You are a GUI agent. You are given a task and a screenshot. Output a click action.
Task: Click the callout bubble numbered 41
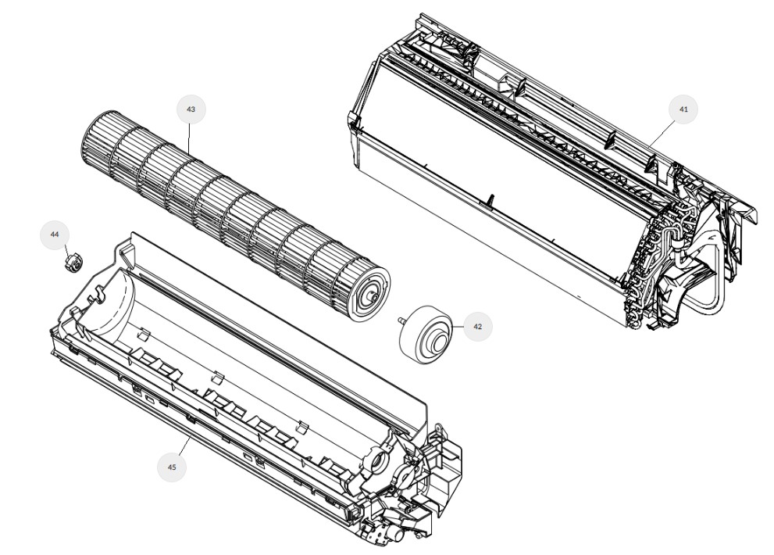[x=683, y=109]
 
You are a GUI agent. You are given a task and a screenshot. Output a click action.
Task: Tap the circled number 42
[x=477, y=327]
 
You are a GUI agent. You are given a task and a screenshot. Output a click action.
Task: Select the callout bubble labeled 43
[x=191, y=109]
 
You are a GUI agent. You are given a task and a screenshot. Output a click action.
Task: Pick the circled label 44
[x=55, y=235]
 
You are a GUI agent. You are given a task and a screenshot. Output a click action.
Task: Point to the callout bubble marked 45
[x=172, y=467]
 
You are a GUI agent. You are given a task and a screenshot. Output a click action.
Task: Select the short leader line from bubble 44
[x=66, y=251]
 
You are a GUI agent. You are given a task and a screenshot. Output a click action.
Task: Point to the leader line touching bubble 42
[x=458, y=327]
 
